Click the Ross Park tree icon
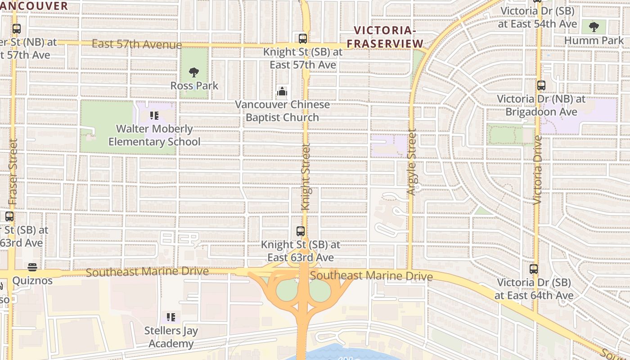point(194,72)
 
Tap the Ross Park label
point(194,85)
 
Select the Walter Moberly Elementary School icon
point(154,116)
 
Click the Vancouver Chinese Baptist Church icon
point(282,92)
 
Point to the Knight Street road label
point(306,177)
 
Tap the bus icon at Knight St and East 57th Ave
point(303,38)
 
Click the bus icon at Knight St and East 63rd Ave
point(301,231)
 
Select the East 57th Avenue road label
point(137,44)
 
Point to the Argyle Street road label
point(411,162)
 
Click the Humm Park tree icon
point(594,27)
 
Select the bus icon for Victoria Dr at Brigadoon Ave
point(541,85)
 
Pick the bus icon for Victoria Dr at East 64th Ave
point(534,269)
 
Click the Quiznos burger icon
point(32,267)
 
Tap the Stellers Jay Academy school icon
point(171,317)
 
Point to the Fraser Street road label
point(13,172)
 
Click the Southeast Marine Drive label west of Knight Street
point(147,272)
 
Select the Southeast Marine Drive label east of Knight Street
point(371,275)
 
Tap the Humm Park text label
point(594,40)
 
